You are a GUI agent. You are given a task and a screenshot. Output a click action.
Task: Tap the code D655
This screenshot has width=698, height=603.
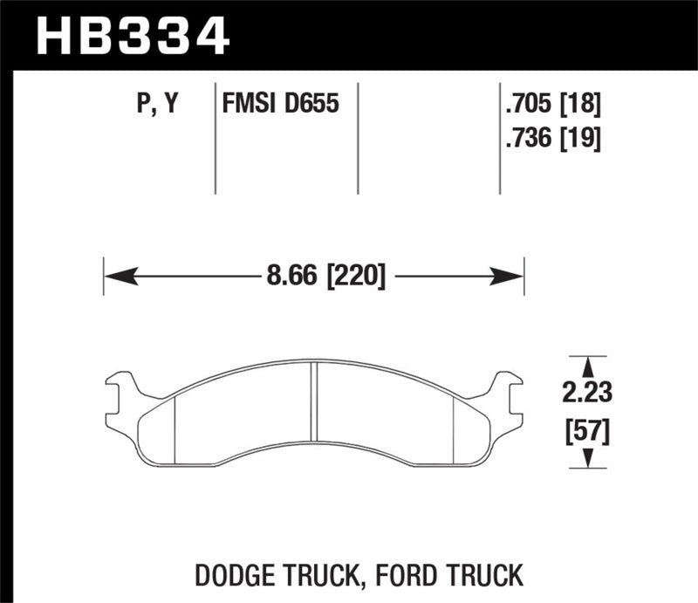coord(311,106)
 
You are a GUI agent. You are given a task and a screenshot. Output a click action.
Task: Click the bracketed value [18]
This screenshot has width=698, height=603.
coord(581,106)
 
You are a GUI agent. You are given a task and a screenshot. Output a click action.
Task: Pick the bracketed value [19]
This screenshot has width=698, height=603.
coord(581,138)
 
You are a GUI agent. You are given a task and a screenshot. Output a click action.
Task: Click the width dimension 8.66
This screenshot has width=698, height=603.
coord(292,278)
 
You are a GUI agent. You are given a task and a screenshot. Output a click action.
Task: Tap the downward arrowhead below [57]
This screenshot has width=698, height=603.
coord(591,458)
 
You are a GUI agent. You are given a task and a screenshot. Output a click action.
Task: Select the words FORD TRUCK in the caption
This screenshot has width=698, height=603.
coord(472,576)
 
